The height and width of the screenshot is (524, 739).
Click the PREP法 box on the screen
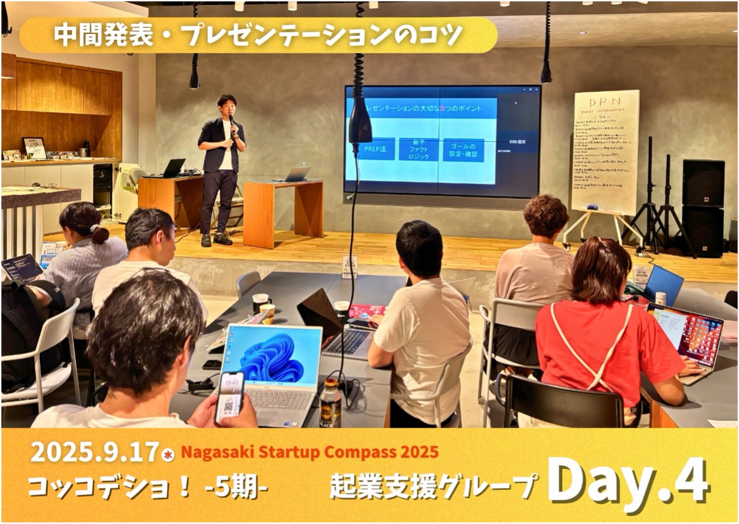click(375, 150)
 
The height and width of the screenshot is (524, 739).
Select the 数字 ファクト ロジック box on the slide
click(418, 150)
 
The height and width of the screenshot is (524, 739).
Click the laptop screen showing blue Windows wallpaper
click(271, 355)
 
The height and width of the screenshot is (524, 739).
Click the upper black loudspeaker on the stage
click(703, 182)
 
